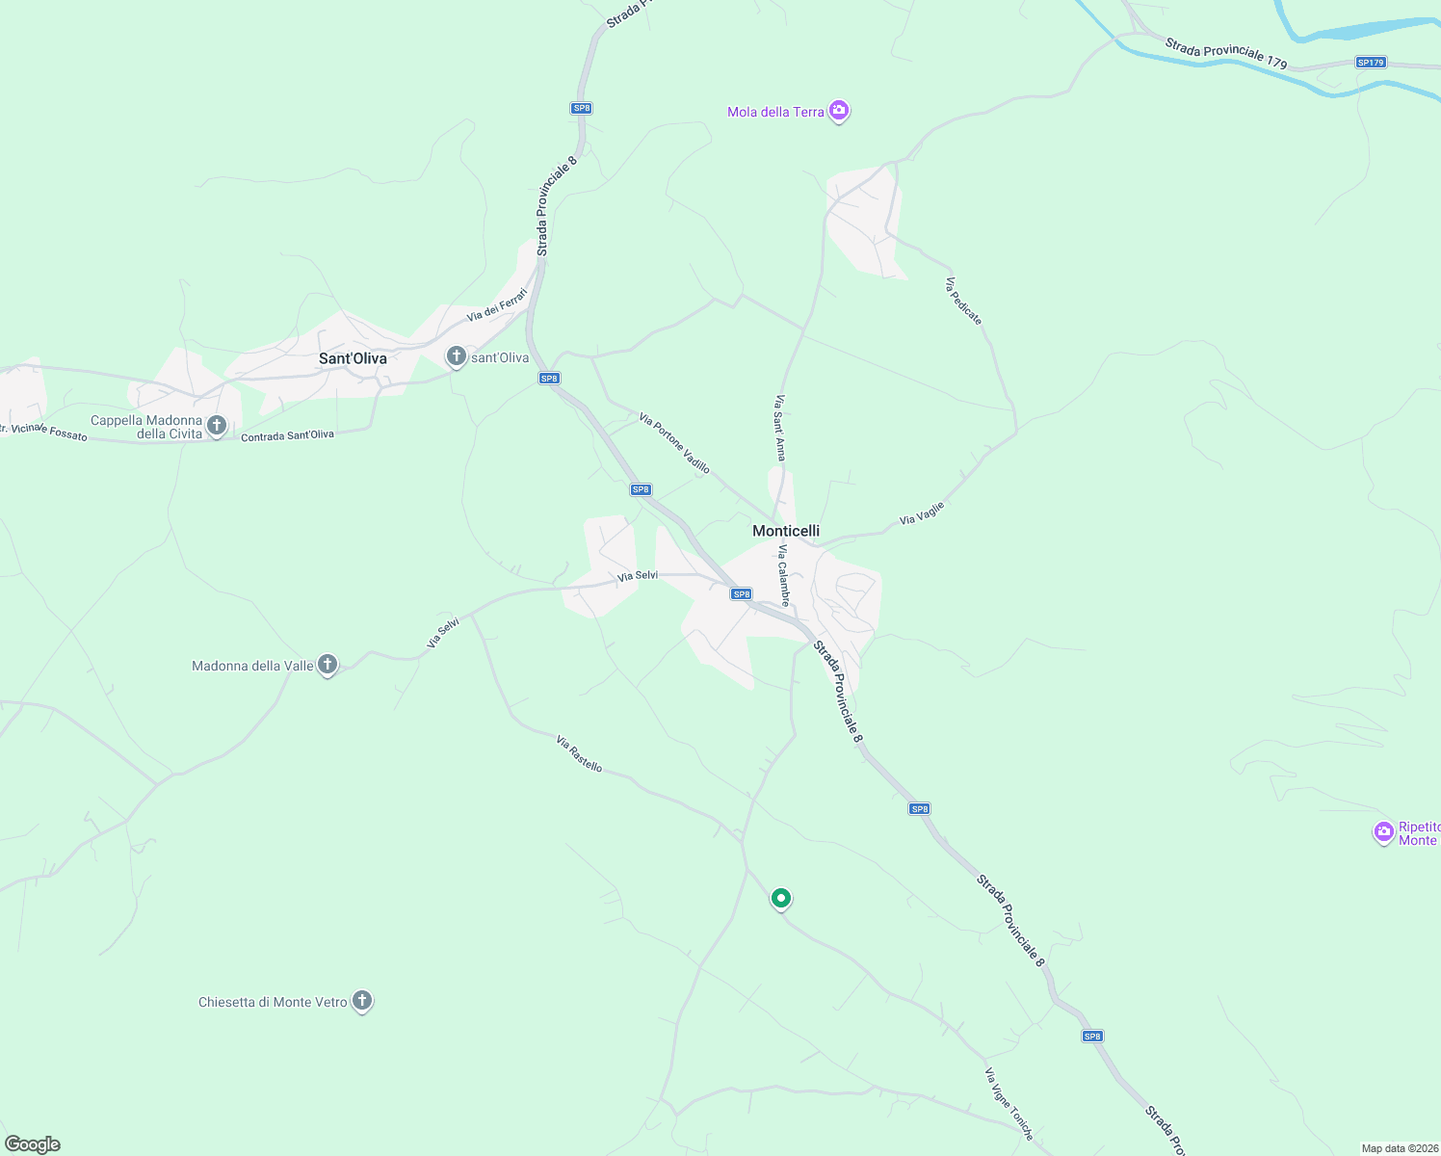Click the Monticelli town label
(785, 531)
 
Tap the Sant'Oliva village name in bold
(353, 358)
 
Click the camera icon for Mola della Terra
(839, 112)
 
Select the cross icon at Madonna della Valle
(327, 665)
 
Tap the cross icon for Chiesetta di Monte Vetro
(362, 1001)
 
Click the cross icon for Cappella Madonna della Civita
(217, 425)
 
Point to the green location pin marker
(781, 898)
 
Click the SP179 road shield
(1370, 63)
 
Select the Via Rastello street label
(579, 753)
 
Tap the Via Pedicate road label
(963, 302)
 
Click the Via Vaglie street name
(922, 513)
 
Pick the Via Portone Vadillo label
(674, 443)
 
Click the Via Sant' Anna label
(780, 427)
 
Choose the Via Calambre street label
(784, 575)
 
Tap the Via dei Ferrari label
(497, 305)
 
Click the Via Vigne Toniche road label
(1009, 1104)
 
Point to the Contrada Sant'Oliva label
(287, 435)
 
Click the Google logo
(33, 1144)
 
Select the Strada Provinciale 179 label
(1225, 54)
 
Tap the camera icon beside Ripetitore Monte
(1384, 831)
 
